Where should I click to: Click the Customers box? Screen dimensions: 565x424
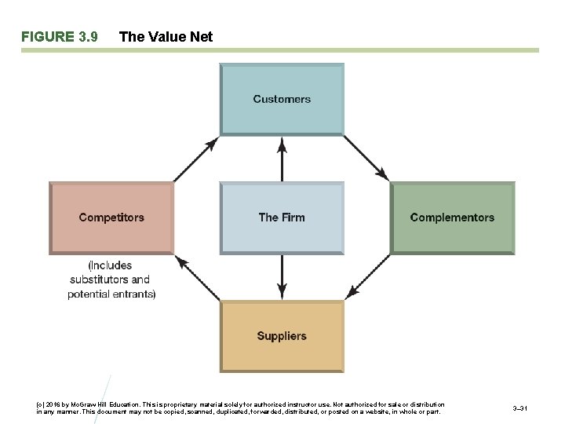[x=282, y=99]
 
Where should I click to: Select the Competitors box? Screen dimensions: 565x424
[x=111, y=217]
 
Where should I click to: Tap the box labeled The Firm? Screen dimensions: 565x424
[x=282, y=217]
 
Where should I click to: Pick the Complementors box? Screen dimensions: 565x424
[x=452, y=217]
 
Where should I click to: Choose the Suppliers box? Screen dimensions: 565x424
[x=282, y=336]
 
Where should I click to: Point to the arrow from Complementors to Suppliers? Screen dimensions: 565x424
[x=368, y=276]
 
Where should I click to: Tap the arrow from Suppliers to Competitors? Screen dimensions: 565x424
[x=197, y=276]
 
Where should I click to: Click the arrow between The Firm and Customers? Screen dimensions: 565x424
[x=282, y=159]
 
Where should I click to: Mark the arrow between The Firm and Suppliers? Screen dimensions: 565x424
[x=282, y=277]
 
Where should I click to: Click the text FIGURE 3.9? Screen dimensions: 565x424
[x=60, y=37]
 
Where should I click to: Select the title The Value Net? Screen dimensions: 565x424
[x=165, y=37]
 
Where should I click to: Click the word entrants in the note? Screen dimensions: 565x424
[x=137, y=294]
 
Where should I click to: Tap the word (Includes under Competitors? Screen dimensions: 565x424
[x=110, y=265]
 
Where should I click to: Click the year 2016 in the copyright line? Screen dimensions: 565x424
[x=55, y=405]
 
